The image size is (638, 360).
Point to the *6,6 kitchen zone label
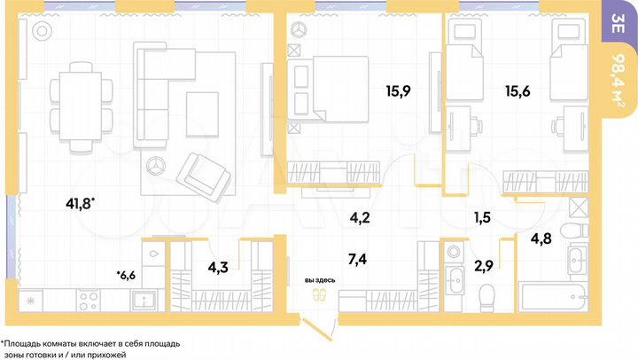pos(126,275)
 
